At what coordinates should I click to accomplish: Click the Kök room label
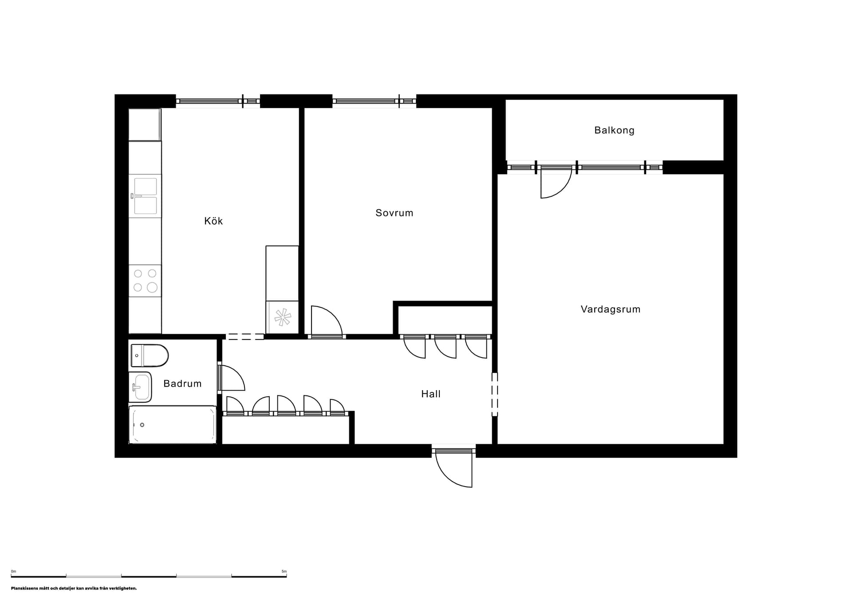pos(213,221)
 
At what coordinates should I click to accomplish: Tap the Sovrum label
pos(394,213)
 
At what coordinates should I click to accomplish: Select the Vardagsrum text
pos(610,309)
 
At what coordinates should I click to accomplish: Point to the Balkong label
pos(614,130)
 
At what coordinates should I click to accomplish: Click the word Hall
pos(430,394)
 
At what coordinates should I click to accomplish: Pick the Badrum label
pos(182,383)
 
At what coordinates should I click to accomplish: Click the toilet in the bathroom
pos(150,356)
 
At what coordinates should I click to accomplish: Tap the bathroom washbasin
pos(141,387)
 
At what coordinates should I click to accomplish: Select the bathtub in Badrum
pos(173,425)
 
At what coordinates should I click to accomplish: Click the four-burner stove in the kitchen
pos(145,281)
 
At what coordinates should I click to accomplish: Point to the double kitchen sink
pos(145,196)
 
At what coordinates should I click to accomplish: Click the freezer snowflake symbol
pos(282,317)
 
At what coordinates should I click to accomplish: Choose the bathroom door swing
pos(232,378)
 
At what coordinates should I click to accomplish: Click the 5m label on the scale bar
pos(284,571)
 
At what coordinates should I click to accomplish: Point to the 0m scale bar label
pos(13,571)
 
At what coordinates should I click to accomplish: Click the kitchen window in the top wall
pos(217,101)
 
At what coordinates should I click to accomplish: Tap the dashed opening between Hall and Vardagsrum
pos(495,394)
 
